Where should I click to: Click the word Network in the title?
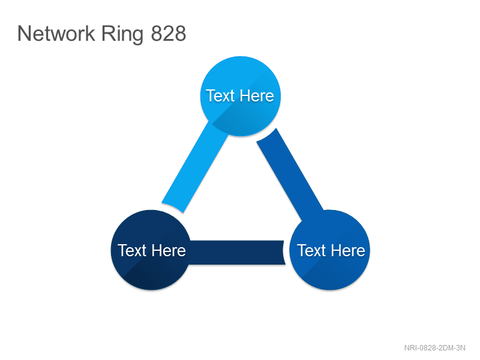click(x=56, y=34)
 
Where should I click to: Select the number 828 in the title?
click(x=169, y=34)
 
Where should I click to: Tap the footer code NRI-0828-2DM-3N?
click(x=434, y=348)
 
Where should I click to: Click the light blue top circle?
click(x=241, y=96)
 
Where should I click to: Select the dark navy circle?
click(x=151, y=250)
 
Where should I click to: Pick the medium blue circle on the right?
click(x=329, y=250)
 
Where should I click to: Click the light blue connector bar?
click(x=194, y=167)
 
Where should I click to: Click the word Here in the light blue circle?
click(x=257, y=96)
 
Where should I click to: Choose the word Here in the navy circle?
click(x=169, y=250)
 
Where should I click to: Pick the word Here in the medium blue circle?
click(x=348, y=250)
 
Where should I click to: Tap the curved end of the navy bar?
click(x=283, y=253)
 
